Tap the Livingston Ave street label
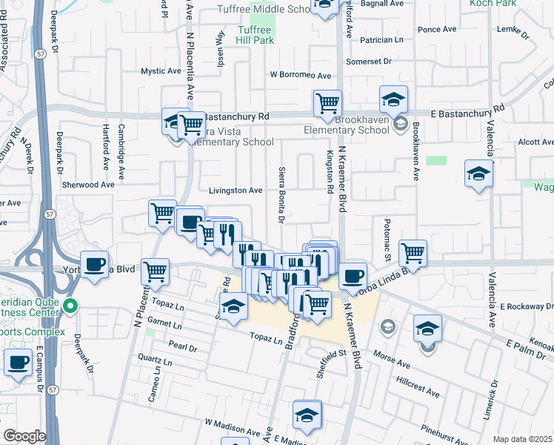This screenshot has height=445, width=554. click(x=236, y=191)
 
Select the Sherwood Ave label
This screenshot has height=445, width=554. click(x=88, y=185)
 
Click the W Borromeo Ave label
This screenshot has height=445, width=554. click(x=300, y=75)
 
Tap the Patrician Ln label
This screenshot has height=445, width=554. click(x=382, y=39)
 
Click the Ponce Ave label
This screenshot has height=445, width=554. click(x=438, y=30)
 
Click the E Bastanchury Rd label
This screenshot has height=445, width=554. click(x=467, y=108)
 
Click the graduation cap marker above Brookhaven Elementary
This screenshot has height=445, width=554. click(x=394, y=99)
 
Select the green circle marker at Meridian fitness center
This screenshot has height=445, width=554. click(x=71, y=306)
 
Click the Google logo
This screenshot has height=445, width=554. click(x=24, y=437)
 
